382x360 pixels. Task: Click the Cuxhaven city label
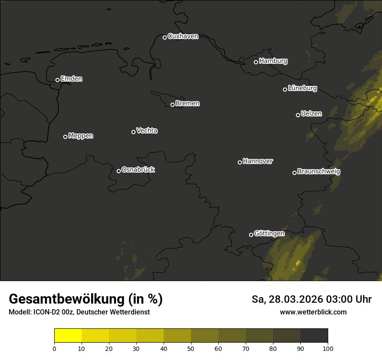tap(183, 36)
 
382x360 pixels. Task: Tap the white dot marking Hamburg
tap(256, 62)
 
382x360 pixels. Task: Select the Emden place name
tap(71, 79)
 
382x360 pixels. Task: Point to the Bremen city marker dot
tap(172, 105)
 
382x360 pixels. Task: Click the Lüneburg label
tap(302, 88)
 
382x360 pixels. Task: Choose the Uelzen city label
tap(311, 114)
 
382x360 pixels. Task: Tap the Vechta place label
tap(147, 131)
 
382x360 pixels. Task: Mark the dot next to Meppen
tap(65, 137)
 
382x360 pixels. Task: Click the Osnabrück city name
tap(138, 170)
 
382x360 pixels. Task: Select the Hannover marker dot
tap(240, 162)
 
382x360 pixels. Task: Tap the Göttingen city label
tap(269, 233)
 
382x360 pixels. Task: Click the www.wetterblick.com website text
tap(313, 312)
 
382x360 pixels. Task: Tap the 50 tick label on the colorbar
tap(191, 348)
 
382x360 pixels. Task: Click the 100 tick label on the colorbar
tap(328, 348)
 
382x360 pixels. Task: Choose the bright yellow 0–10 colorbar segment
tap(68, 336)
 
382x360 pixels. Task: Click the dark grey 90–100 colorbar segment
tap(314, 336)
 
